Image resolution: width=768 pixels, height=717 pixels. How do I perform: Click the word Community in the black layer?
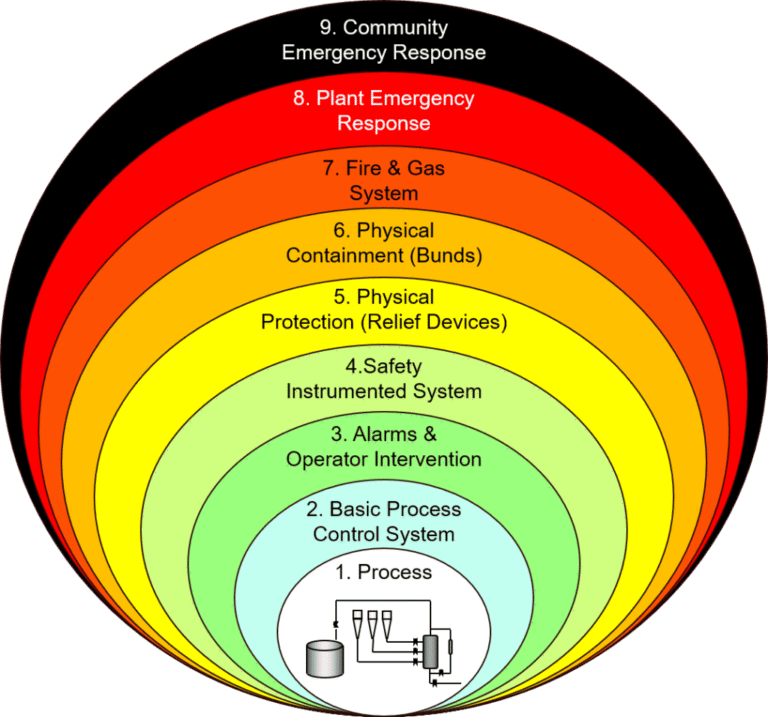tap(395, 28)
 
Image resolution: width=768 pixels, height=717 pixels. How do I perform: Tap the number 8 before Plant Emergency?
tap(299, 98)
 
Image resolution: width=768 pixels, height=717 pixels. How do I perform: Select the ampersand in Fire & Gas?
tap(394, 168)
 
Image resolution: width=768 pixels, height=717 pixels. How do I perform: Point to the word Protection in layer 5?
tap(307, 322)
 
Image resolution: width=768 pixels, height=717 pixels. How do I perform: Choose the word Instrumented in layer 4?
tap(346, 391)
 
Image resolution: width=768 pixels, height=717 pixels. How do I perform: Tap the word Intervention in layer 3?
tap(428, 459)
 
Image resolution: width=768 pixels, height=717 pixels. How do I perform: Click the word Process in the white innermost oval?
tap(395, 572)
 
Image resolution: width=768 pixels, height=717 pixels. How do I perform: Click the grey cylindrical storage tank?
tap(325, 658)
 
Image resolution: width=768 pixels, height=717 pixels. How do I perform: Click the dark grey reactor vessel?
tap(431, 651)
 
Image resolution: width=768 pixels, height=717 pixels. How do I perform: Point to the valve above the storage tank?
tap(336, 623)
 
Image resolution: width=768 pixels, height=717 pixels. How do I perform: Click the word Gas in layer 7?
tap(426, 168)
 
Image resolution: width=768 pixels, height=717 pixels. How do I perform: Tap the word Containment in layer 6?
tap(345, 256)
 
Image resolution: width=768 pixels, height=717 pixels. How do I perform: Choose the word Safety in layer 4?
tap(392, 367)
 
